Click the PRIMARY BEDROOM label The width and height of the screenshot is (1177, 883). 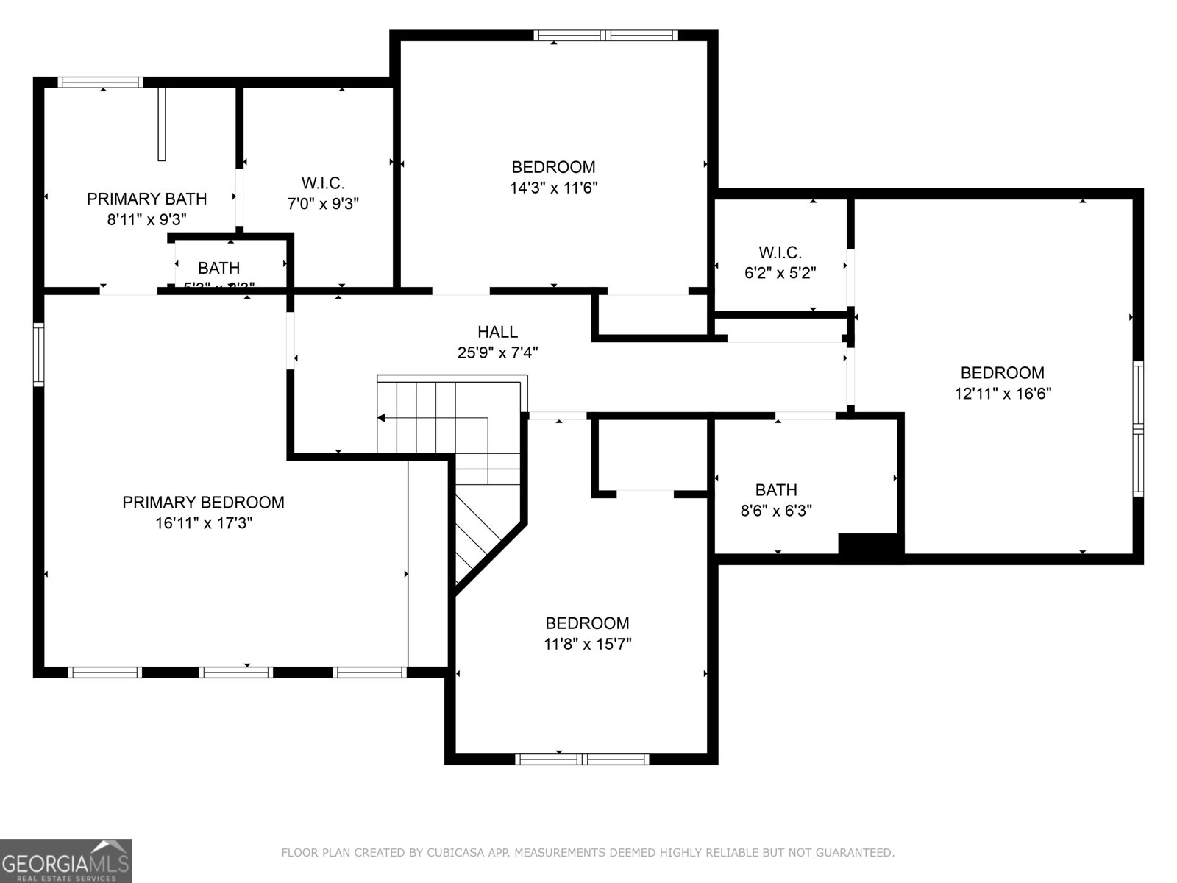[203, 503]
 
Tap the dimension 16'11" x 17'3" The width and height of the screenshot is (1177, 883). [203, 523]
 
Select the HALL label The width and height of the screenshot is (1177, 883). [497, 332]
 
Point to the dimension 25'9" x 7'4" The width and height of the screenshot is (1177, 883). [497, 352]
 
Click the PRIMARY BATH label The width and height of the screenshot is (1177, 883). [146, 199]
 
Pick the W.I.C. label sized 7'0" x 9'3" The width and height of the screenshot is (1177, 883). [323, 182]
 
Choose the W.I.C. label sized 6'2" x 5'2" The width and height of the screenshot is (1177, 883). [780, 252]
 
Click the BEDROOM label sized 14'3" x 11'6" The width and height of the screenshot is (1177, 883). [553, 167]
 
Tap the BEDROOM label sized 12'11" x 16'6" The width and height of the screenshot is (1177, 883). [1002, 372]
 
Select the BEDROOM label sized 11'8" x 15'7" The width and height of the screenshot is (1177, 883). [587, 623]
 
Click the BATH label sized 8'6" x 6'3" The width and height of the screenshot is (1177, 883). [776, 490]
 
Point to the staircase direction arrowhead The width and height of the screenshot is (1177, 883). [381, 418]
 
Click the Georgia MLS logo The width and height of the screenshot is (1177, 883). [65, 860]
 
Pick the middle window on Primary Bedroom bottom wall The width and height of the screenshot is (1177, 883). [236, 672]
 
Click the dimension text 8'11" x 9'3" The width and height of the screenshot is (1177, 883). [146, 219]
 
